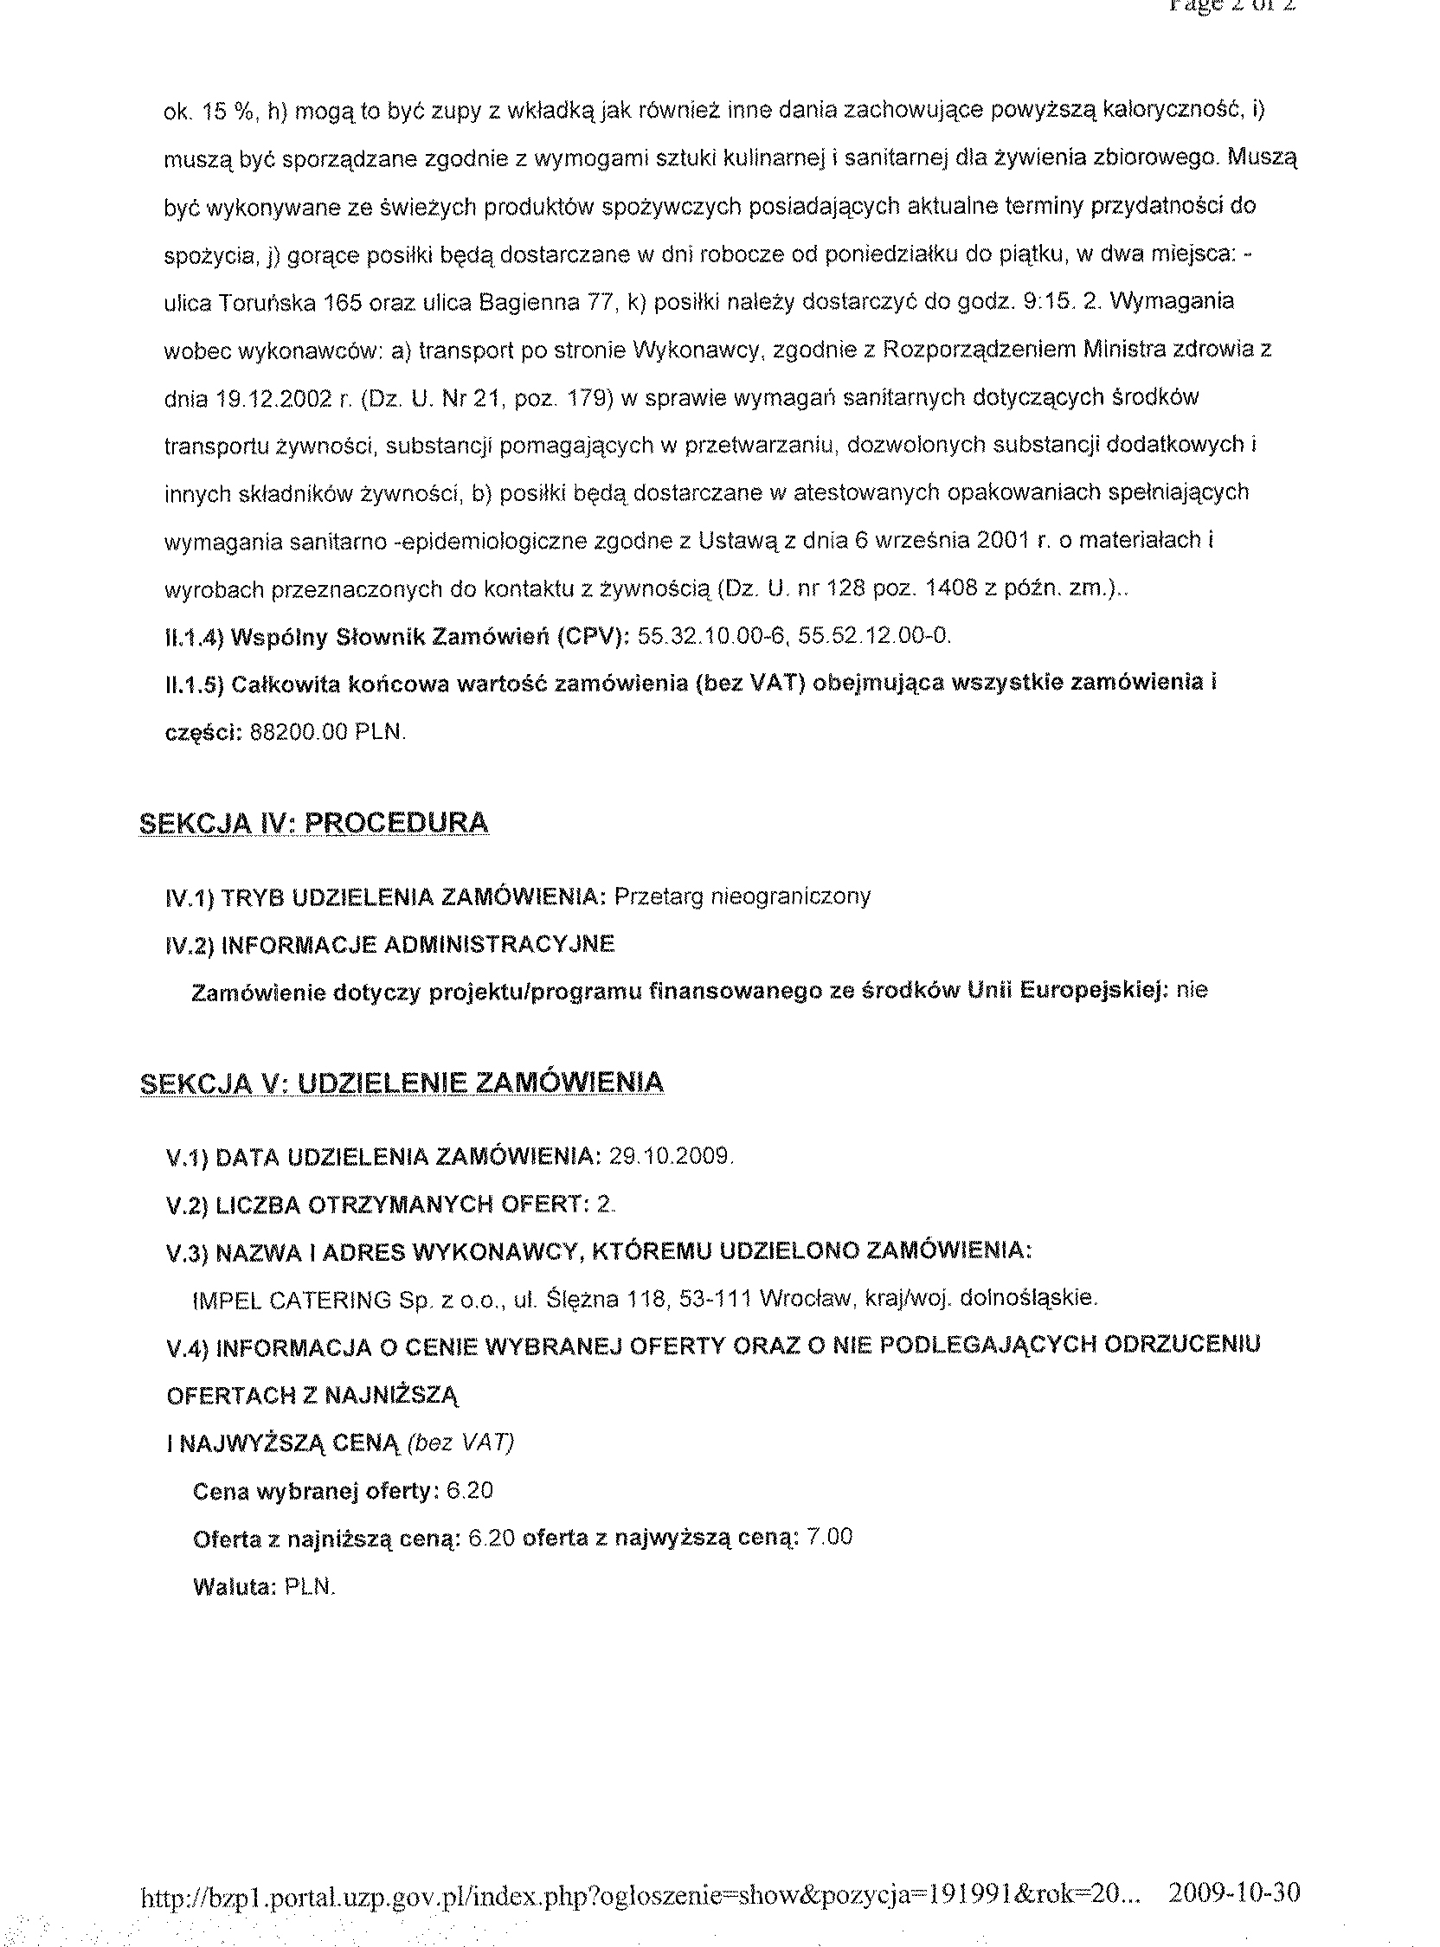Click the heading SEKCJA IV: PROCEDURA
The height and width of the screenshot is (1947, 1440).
[x=314, y=823]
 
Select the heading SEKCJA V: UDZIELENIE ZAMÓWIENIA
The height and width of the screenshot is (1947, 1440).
[x=401, y=1083]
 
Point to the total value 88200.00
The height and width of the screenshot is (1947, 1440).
[x=299, y=732]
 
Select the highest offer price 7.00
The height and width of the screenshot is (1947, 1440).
[x=829, y=1537]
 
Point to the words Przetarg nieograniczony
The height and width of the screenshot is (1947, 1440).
[x=742, y=896]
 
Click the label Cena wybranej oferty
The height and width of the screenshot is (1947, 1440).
[x=315, y=1491]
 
